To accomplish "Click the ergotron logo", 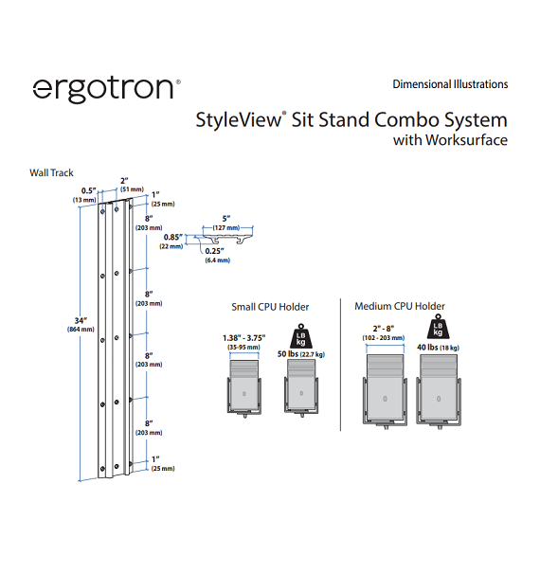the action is [x=106, y=90].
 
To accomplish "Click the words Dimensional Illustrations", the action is [x=450, y=84].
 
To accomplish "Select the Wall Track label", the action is [x=51, y=173].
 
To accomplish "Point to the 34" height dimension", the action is [x=81, y=324].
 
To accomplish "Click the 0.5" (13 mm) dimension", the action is [x=85, y=195].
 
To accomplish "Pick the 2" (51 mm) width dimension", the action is [x=132, y=185].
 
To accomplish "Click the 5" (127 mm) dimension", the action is [x=226, y=223].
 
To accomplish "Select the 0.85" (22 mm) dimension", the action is [x=171, y=242].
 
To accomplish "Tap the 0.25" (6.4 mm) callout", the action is [x=217, y=255].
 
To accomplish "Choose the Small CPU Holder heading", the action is [x=270, y=307].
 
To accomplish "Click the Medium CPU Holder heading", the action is [x=400, y=306].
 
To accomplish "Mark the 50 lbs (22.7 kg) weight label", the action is [x=301, y=353].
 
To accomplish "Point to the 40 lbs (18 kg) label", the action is [x=438, y=348].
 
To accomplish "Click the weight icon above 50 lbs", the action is [x=301, y=336].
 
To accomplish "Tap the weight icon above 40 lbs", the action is [x=438, y=327].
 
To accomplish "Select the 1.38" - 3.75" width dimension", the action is [x=243, y=343].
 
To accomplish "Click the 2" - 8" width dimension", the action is [x=384, y=333].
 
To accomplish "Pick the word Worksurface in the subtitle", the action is [x=466, y=140].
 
